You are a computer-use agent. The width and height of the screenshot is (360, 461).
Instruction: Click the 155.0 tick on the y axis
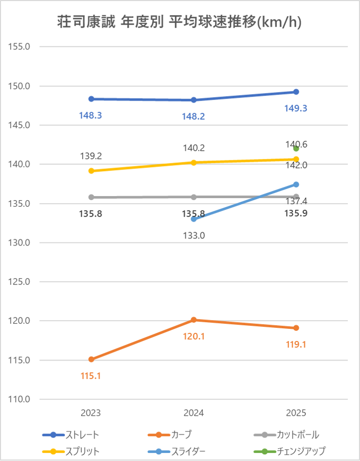coord(20,46)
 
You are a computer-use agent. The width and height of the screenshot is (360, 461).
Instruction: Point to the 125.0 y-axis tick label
coord(20,282)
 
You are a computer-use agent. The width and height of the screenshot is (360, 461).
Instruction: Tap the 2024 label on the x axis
coord(194,413)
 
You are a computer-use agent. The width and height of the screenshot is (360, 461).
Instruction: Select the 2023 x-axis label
coord(91,413)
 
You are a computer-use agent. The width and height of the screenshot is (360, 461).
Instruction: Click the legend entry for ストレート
coord(71,435)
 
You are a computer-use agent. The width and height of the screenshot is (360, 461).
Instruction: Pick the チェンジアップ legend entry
coord(290,451)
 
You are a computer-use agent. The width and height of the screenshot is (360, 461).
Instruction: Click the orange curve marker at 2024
coord(194,320)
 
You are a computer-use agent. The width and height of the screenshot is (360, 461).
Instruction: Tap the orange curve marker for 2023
coord(91,359)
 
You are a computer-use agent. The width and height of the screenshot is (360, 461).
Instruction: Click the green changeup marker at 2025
coord(296,149)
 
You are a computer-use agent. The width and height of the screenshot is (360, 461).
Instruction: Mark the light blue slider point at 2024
coord(194,219)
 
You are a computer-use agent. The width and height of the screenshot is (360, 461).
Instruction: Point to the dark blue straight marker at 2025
coord(296,92)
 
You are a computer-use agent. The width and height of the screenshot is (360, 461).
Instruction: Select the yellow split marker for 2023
coord(91,171)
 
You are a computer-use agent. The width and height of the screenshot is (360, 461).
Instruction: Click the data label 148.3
coord(90,115)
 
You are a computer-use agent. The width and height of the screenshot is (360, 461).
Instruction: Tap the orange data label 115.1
coord(90,376)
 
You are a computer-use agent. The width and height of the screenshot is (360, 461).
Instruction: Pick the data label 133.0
coord(194,235)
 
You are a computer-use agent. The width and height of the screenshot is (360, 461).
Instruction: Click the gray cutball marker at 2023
coord(91,197)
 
